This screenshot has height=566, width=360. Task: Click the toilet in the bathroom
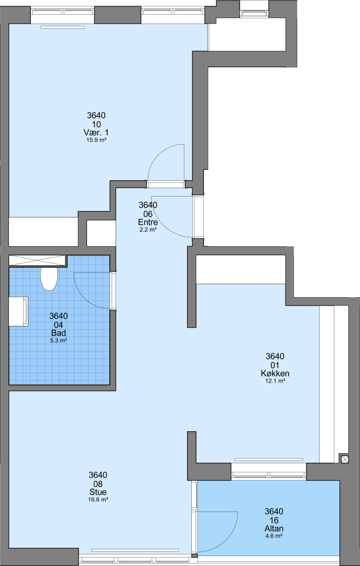49,279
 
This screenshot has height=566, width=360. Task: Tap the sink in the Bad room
18,311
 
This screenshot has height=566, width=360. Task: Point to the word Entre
148,222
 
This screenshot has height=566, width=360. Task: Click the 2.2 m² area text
148,229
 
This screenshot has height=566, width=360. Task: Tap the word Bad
59,333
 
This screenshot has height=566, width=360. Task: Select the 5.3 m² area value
59,340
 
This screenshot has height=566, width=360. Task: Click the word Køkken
275,373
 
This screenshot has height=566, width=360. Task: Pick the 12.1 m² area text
275,380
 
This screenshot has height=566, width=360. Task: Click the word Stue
98,492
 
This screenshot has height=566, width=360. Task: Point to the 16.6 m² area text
98,499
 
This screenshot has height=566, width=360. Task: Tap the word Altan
274,528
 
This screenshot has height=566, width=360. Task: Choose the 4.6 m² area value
274,536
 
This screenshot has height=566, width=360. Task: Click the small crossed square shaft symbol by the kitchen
345,459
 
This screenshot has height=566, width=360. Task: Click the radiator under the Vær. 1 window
63,27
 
